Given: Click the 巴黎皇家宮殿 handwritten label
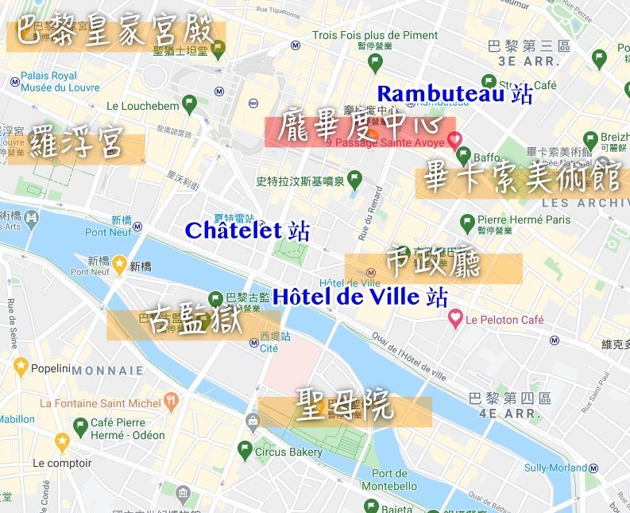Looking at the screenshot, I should point(115,33).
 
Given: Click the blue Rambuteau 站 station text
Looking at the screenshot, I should point(454,94).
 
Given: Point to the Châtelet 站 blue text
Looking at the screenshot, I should point(247,231).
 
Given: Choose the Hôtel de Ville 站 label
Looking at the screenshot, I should point(360,297).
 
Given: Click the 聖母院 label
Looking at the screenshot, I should point(344,408).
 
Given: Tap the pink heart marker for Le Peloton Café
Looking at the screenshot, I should point(455,319).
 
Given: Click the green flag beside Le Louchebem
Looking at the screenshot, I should point(189,103).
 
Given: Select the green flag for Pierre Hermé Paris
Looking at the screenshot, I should point(467,221).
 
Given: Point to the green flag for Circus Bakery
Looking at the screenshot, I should point(245,450).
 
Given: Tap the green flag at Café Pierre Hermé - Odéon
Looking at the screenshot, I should point(79,427).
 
